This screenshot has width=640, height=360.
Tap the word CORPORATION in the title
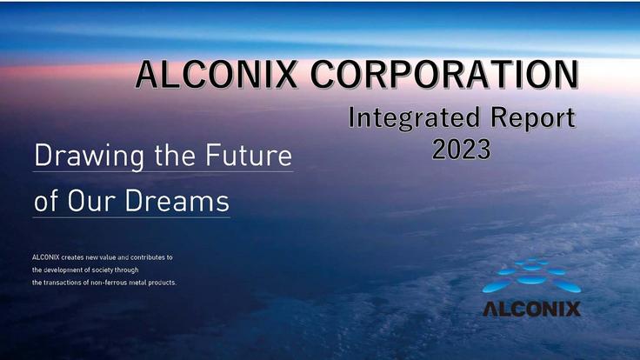tap(443, 75)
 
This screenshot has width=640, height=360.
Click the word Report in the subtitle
tap(531, 118)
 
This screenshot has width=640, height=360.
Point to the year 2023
tap(462, 149)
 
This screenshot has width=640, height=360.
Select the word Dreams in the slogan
tap(178, 202)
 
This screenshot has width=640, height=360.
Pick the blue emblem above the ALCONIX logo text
tap(530, 277)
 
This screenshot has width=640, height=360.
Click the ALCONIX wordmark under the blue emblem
tap(530, 309)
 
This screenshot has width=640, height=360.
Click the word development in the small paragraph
tap(61, 270)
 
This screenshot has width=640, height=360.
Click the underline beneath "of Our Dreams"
tap(130, 217)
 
